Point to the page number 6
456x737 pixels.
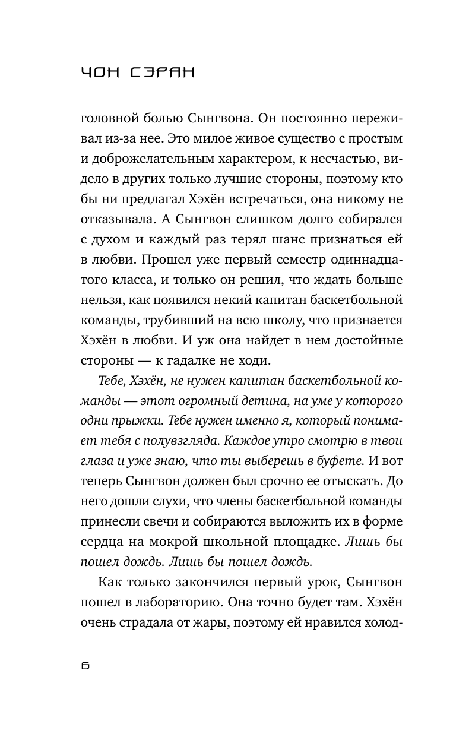pyautogui.click(x=84, y=666)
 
